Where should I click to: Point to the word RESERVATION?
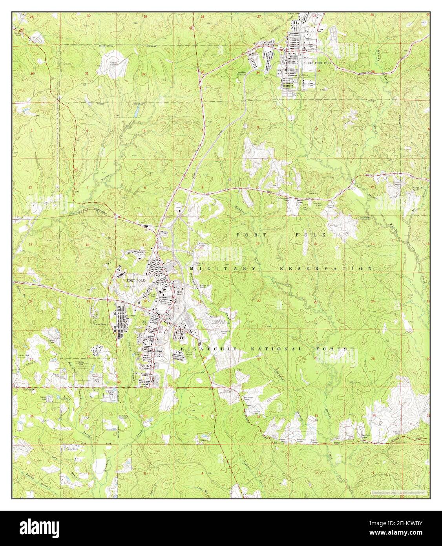click(x=325, y=268)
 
